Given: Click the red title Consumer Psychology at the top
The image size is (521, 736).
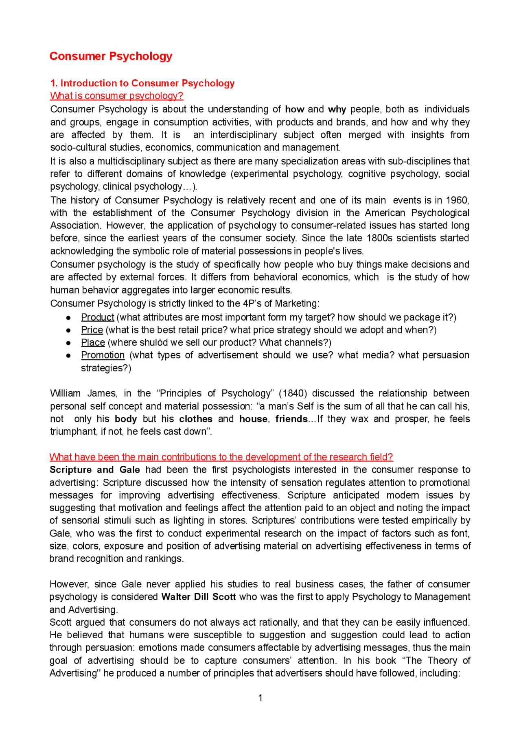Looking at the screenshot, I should [x=111, y=56].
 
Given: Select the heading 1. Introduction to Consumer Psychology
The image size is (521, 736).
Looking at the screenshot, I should [x=142, y=83].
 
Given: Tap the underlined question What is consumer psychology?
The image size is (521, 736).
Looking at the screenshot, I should [x=116, y=96].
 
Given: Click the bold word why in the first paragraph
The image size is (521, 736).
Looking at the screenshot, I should [x=337, y=110].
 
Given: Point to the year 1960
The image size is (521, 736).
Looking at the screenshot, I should [x=457, y=200].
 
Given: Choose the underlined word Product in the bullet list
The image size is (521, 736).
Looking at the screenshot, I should [x=97, y=318].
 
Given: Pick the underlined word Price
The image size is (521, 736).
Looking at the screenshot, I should [x=92, y=330].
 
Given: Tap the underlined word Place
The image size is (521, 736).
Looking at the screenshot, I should [x=93, y=343].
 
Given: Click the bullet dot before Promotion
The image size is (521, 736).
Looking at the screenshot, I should [x=69, y=356].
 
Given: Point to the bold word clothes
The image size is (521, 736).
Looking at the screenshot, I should [x=196, y=419].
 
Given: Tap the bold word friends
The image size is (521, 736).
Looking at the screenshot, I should [x=291, y=419].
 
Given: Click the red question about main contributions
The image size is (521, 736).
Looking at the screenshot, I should [x=221, y=457].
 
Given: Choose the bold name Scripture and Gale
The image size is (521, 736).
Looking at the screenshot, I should [x=94, y=470].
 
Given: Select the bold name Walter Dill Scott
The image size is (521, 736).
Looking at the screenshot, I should [x=199, y=597].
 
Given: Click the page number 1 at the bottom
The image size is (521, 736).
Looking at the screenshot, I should [x=260, y=698].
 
